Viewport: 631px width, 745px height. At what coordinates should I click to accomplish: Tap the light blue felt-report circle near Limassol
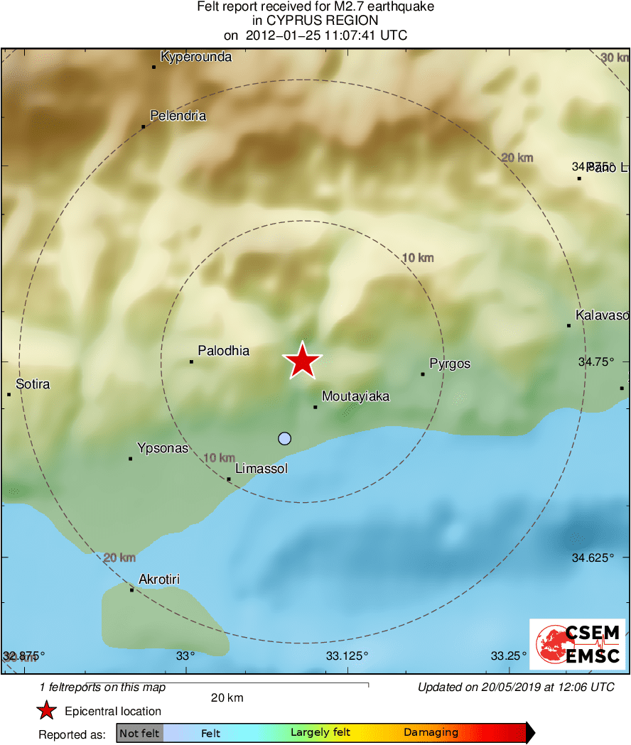pos(285,438)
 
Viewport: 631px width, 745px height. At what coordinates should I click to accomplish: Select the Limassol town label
pos(261,469)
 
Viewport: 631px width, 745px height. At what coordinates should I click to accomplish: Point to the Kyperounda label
pos(196,57)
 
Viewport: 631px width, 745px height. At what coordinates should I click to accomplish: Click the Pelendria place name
pos(178,116)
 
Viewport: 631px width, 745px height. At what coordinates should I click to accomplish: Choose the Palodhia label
pos(223,350)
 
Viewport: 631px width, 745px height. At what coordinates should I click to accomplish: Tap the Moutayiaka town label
pos(355,396)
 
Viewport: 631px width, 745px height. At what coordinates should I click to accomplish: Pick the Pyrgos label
pos(450,364)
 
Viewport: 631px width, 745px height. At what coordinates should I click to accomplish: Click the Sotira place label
pos(33,384)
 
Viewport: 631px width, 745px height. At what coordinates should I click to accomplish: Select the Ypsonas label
pos(163,448)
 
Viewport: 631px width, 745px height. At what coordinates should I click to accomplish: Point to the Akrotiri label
pos(159,580)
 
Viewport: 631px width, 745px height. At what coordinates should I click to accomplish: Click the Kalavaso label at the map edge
pos(602,315)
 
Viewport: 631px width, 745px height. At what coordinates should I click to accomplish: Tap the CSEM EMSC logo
pos(577,644)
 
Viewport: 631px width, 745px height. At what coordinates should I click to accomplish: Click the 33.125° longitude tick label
pos(347,655)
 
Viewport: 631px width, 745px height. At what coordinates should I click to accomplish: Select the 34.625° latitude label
pos(593,558)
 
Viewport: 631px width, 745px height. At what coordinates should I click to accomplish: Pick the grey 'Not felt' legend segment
pos(139,733)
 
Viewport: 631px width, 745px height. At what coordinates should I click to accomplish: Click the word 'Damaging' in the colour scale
pos(431,732)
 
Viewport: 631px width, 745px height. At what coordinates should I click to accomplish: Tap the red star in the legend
pos(47,710)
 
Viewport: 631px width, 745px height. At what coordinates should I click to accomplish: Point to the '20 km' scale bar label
pos(227,697)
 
